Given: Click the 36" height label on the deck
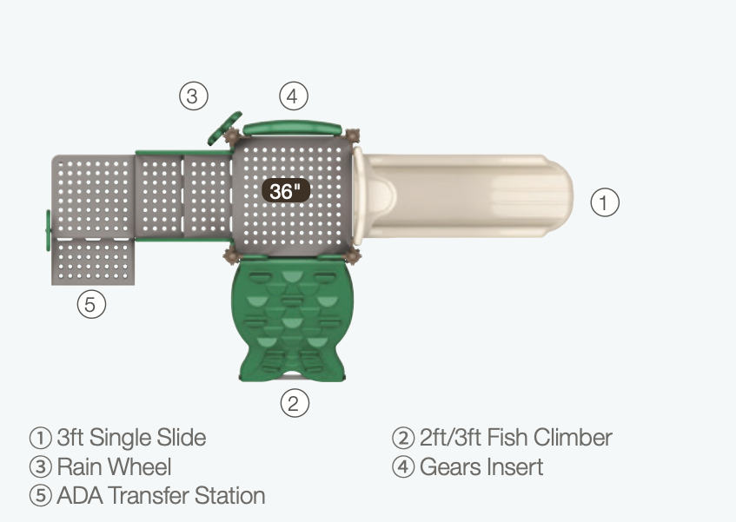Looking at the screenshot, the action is pyautogui.click(x=285, y=191).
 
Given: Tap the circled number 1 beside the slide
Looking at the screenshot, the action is pyautogui.click(x=605, y=202).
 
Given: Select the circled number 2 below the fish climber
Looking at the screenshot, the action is pyautogui.click(x=295, y=403).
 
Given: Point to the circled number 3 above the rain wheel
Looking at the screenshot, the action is pyautogui.click(x=194, y=96).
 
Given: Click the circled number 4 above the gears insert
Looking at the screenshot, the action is pyautogui.click(x=294, y=96).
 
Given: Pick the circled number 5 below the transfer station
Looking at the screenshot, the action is pyautogui.click(x=91, y=304).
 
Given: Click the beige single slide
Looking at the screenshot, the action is pyautogui.click(x=462, y=196).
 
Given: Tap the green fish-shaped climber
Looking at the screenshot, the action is pyautogui.click(x=293, y=319).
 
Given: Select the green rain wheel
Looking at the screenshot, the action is pyautogui.click(x=225, y=128).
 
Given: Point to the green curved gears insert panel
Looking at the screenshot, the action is pyautogui.click(x=292, y=128).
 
